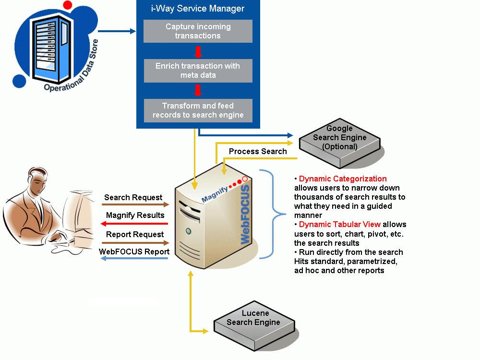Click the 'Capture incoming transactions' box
pos(198,31)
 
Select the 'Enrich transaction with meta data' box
pos(198,71)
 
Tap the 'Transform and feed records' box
pos(198,110)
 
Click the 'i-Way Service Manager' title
pos(198,9)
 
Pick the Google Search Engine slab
pos(339,138)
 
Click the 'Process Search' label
pos(258,152)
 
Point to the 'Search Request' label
pos(133,197)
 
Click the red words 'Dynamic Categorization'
pos(343,179)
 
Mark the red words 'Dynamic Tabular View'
pos(339,224)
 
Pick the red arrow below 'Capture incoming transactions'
pos(197,51)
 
